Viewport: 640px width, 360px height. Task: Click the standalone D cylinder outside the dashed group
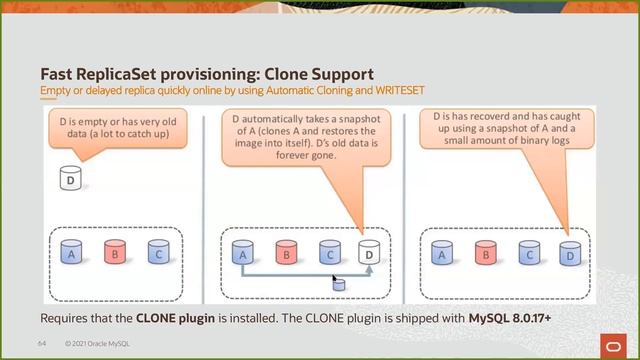click(x=70, y=181)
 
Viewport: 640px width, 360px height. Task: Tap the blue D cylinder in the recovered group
click(x=569, y=255)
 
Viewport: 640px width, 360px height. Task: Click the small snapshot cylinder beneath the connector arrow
click(x=339, y=286)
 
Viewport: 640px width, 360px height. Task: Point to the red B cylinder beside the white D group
click(x=285, y=255)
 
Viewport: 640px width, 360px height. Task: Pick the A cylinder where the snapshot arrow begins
click(x=241, y=255)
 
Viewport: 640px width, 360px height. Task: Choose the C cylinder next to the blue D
click(x=527, y=255)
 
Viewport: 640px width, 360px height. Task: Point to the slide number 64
click(x=43, y=342)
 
